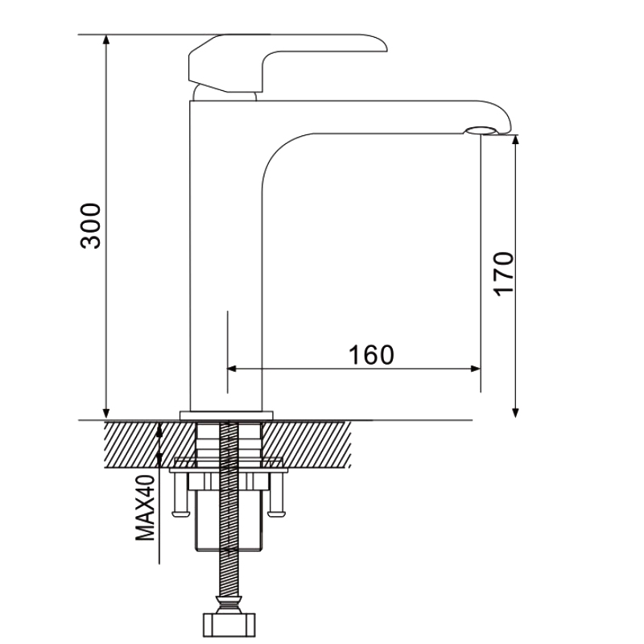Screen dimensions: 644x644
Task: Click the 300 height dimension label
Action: (90, 225)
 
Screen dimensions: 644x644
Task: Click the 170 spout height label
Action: (504, 274)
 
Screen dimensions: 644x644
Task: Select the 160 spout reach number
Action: (371, 355)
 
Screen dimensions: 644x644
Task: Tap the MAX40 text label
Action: (145, 508)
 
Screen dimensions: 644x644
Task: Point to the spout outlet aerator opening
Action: (481, 130)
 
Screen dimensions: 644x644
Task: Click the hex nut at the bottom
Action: (229, 625)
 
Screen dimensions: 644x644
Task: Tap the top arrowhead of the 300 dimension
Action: (106, 39)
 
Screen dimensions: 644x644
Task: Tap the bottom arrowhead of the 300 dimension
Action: (106, 414)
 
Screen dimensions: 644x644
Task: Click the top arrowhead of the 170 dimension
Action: (516, 139)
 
